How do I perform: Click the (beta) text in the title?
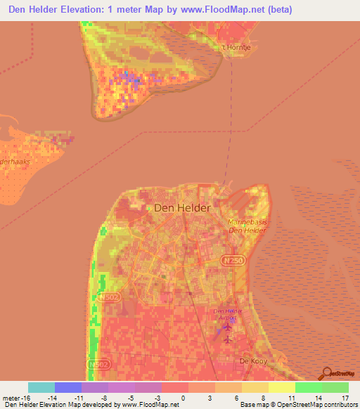(277, 10)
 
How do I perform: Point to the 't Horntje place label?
(236, 48)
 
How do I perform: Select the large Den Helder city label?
(181, 208)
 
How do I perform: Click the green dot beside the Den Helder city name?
(149, 208)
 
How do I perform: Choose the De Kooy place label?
(255, 361)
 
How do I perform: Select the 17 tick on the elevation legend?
(345, 397)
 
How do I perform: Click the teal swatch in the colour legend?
(41, 387)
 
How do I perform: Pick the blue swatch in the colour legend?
(68, 387)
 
